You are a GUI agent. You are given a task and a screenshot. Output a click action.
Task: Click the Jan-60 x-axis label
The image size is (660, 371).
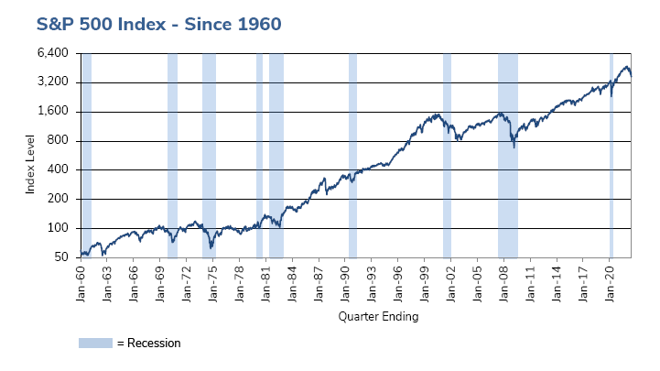coord(81,280)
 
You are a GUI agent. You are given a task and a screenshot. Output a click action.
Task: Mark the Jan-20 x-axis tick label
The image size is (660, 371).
coord(611,280)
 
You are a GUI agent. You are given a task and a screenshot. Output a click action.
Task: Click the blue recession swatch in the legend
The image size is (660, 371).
coord(95,344)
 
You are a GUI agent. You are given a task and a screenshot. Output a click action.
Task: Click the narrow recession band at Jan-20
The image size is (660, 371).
coord(611,156)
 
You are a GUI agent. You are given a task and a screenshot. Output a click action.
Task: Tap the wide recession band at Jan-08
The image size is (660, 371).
coord(507,156)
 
